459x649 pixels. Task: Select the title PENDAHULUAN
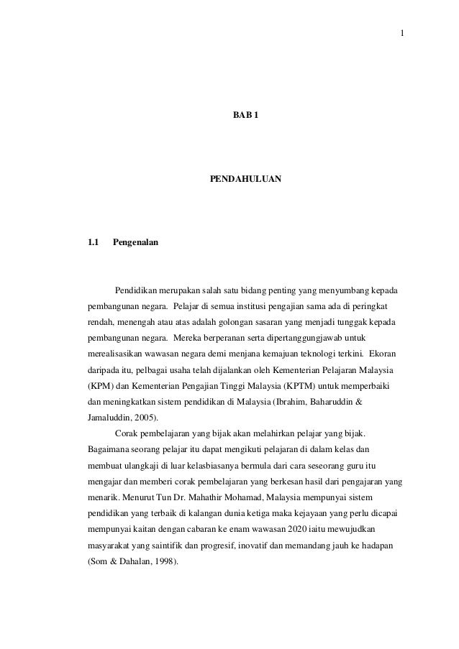point(245,176)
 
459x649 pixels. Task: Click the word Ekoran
point(386,355)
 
